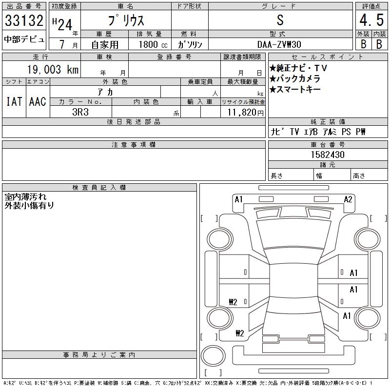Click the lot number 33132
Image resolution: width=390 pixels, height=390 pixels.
(x=24, y=20)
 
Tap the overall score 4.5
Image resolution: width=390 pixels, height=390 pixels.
(x=371, y=20)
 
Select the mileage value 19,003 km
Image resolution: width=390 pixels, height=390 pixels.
(x=53, y=69)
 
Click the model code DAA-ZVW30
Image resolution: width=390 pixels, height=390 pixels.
(x=279, y=44)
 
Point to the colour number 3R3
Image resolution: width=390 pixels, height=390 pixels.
(x=80, y=112)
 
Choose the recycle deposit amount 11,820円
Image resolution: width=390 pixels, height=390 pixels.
(x=245, y=113)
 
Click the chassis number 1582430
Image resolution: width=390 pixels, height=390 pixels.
(x=328, y=155)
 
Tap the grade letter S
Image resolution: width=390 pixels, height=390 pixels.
(x=280, y=20)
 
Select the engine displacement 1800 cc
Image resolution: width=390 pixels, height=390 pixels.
(x=153, y=44)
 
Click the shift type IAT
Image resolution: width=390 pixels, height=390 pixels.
(x=14, y=101)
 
